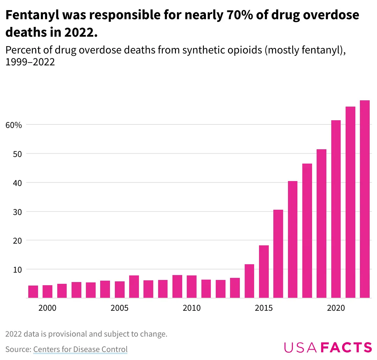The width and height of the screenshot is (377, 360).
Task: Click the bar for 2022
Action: point(365,199)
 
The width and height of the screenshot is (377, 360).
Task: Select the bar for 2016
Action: point(278,254)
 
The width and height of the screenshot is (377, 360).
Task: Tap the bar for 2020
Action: point(336,209)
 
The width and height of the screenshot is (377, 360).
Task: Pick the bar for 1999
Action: point(33,292)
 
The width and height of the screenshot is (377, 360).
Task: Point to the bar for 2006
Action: point(134,287)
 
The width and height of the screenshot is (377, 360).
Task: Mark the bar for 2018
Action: point(307,231)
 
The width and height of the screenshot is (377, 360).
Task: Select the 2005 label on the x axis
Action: point(120,308)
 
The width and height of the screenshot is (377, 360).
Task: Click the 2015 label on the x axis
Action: point(264,308)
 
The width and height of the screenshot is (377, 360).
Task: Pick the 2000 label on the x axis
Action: point(47,308)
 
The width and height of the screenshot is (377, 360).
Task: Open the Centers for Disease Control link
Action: point(80,349)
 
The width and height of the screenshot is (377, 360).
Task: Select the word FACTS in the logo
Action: point(346,347)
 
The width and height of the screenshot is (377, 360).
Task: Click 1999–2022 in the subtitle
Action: point(30,62)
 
